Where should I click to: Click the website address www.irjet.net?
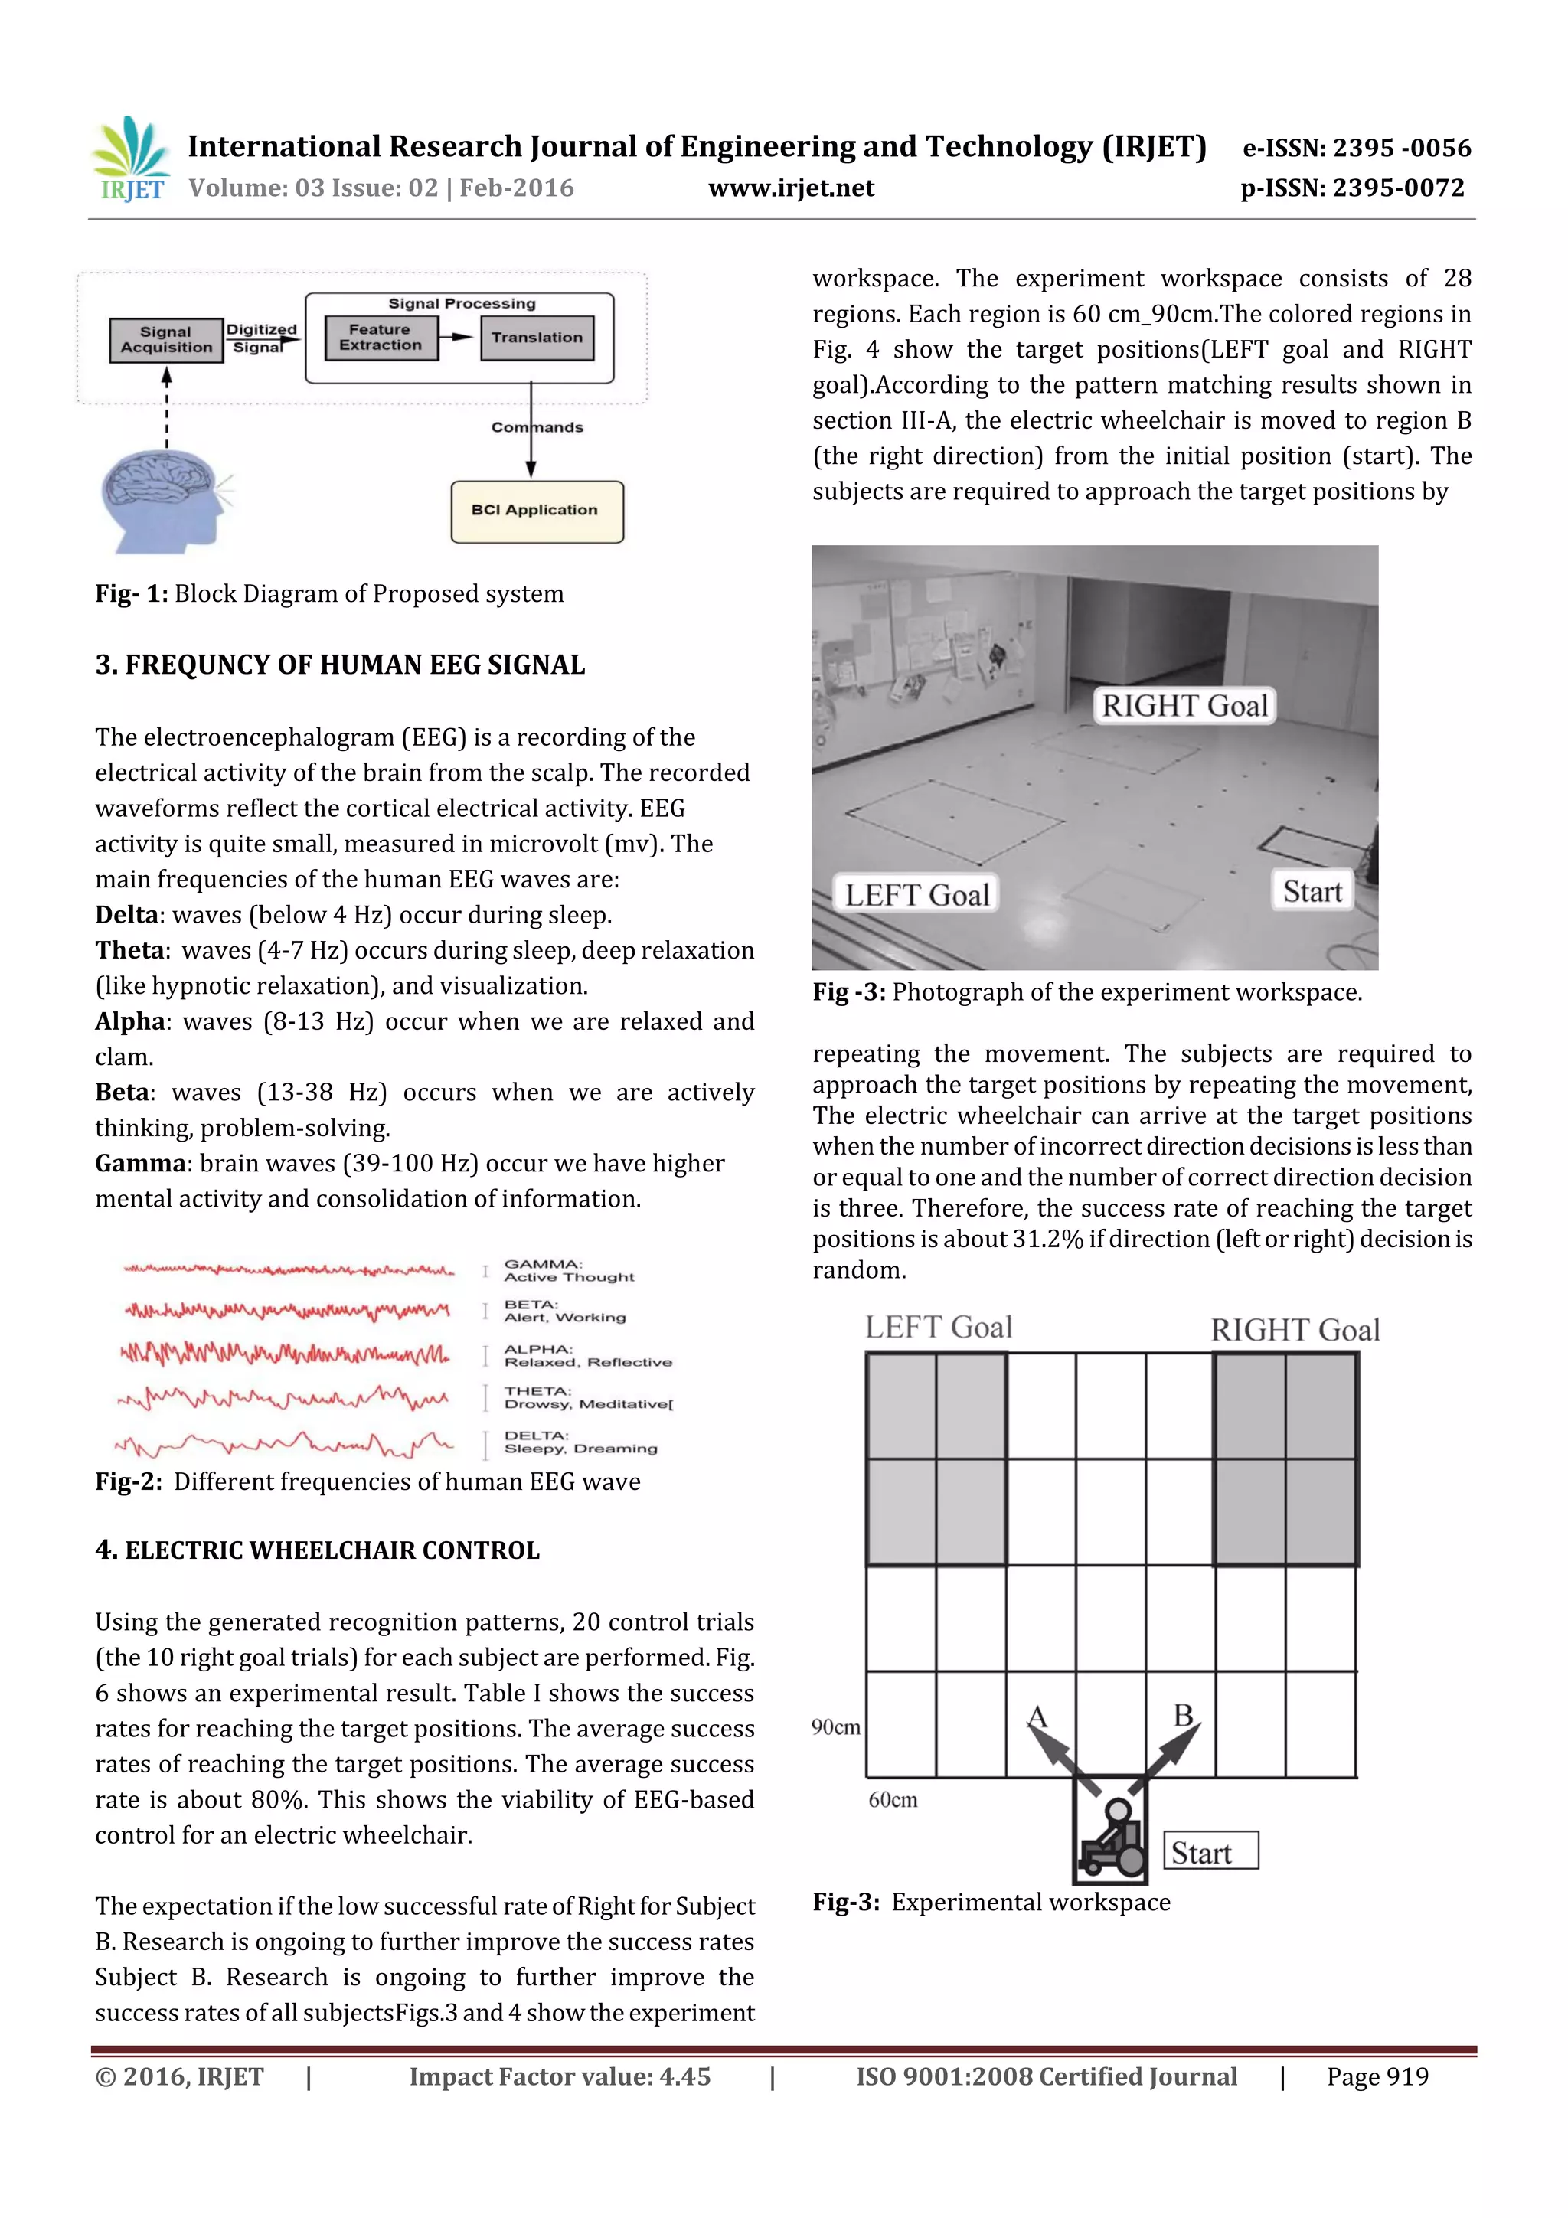790,188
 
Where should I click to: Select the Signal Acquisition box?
166,340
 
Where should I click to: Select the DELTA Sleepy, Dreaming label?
580,1442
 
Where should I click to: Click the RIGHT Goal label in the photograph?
1184,706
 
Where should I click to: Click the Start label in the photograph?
1312,892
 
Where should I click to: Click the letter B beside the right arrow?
1184,1717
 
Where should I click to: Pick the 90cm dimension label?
836,1727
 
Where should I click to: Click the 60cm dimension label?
893,1801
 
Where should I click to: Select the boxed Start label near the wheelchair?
1210,1852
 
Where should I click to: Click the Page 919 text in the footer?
1377,2077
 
